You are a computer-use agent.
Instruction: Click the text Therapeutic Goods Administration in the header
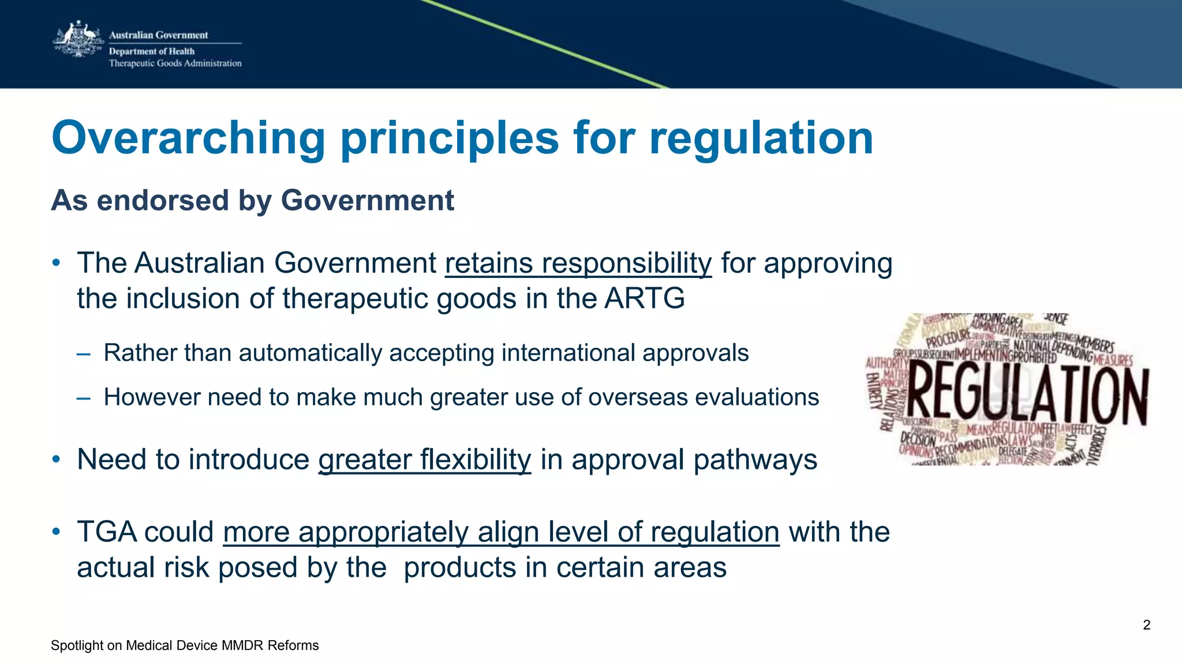(175, 63)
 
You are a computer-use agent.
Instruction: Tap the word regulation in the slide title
(761, 138)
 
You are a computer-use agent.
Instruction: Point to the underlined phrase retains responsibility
(578, 264)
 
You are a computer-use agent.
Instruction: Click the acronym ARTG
(644, 299)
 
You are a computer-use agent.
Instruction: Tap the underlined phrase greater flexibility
(424, 460)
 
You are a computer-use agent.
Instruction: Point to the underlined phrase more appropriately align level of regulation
(501, 532)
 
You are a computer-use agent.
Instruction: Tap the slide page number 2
(1146, 625)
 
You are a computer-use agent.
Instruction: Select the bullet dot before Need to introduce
(56, 460)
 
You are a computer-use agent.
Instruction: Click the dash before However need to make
(83, 398)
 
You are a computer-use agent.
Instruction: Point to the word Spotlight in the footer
(77, 645)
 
